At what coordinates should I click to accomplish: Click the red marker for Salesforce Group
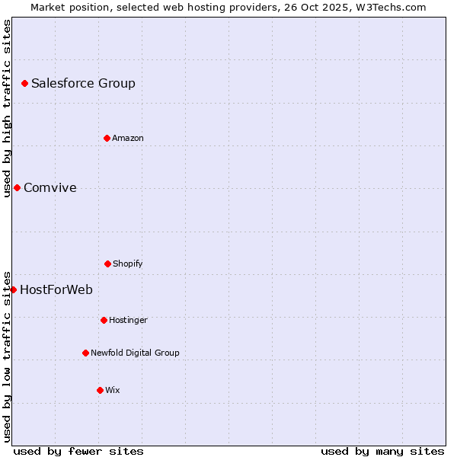click(x=24, y=83)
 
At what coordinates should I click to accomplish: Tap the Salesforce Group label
click(x=83, y=84)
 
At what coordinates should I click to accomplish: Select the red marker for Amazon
click(x=107, y=138)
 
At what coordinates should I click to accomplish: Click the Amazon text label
click(x=128, y=139)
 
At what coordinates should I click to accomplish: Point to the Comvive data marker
click(x=17, y=187)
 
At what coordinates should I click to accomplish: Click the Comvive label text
click(x=50, y=188)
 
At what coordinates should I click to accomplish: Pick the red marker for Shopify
click(x=107, y=264)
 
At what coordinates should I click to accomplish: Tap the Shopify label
click(x=128, y=264)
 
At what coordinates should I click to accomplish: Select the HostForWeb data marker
click(x=13, y=289)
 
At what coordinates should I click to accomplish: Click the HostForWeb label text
click(x=56, y=290)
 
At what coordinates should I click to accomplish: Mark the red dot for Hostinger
click(x=104, y=320)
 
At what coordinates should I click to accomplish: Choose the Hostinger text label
click(x=128, y=321)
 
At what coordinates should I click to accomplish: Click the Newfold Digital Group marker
click(x=85, y=353)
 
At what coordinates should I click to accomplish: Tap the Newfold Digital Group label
click(x=135, y=353)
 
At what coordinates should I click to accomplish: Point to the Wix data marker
click(x=100, y=390)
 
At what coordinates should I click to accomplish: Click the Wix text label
click(x=113, y=391)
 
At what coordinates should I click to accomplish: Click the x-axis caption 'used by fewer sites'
click(x=78, y=451)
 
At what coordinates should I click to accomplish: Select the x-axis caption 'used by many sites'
click(x=382, y=451)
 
